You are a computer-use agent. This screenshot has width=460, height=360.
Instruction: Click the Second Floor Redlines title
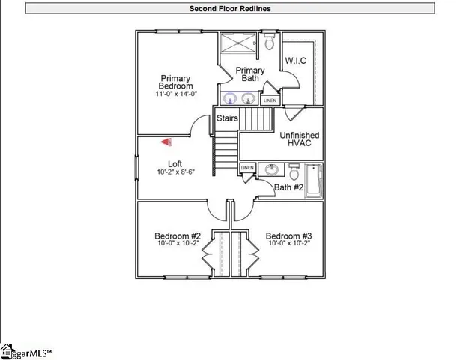click(x=230, y=9)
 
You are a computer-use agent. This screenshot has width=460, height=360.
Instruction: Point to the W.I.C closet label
click(x=294, y=61)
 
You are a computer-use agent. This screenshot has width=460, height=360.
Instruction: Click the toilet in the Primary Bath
click(x=270, y=43)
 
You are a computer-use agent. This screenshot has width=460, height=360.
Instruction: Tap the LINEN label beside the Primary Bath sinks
click(x=270, y=100)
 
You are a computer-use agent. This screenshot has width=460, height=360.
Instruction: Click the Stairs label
click(x=227, y=118)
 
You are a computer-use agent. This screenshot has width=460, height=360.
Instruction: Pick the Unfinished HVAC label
click(x=299, y=140)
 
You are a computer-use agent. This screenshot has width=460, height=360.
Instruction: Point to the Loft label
click(x=175, y=163)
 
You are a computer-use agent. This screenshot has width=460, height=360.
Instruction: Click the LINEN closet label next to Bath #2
click(x=247, y=168)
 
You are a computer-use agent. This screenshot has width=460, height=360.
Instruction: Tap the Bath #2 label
click(x=288, y=187)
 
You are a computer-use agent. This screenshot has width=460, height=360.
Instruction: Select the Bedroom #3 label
click(x=288, y=235)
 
